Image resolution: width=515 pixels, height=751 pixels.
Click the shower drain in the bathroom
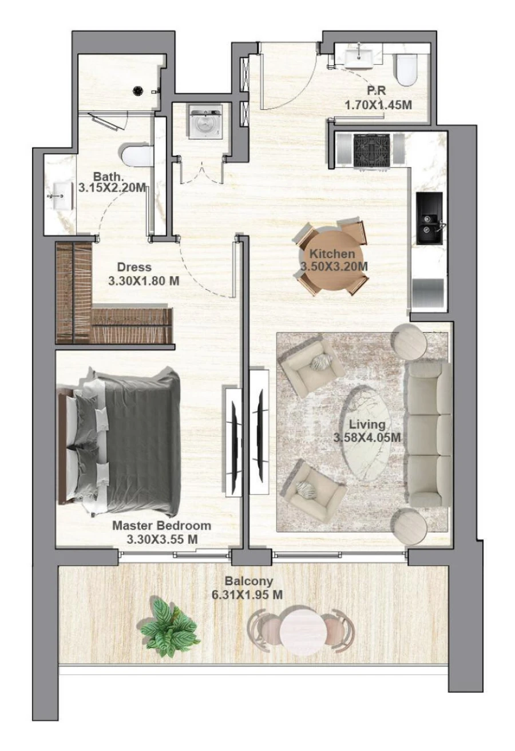tap(138, 90)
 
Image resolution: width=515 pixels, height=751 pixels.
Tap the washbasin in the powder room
tap(359, 56)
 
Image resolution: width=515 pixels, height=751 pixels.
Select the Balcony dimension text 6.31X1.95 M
tap(247, 595)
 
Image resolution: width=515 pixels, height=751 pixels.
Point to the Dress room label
tap(134, 267)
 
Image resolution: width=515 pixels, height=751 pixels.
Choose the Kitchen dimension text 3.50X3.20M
tap(334, 266)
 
